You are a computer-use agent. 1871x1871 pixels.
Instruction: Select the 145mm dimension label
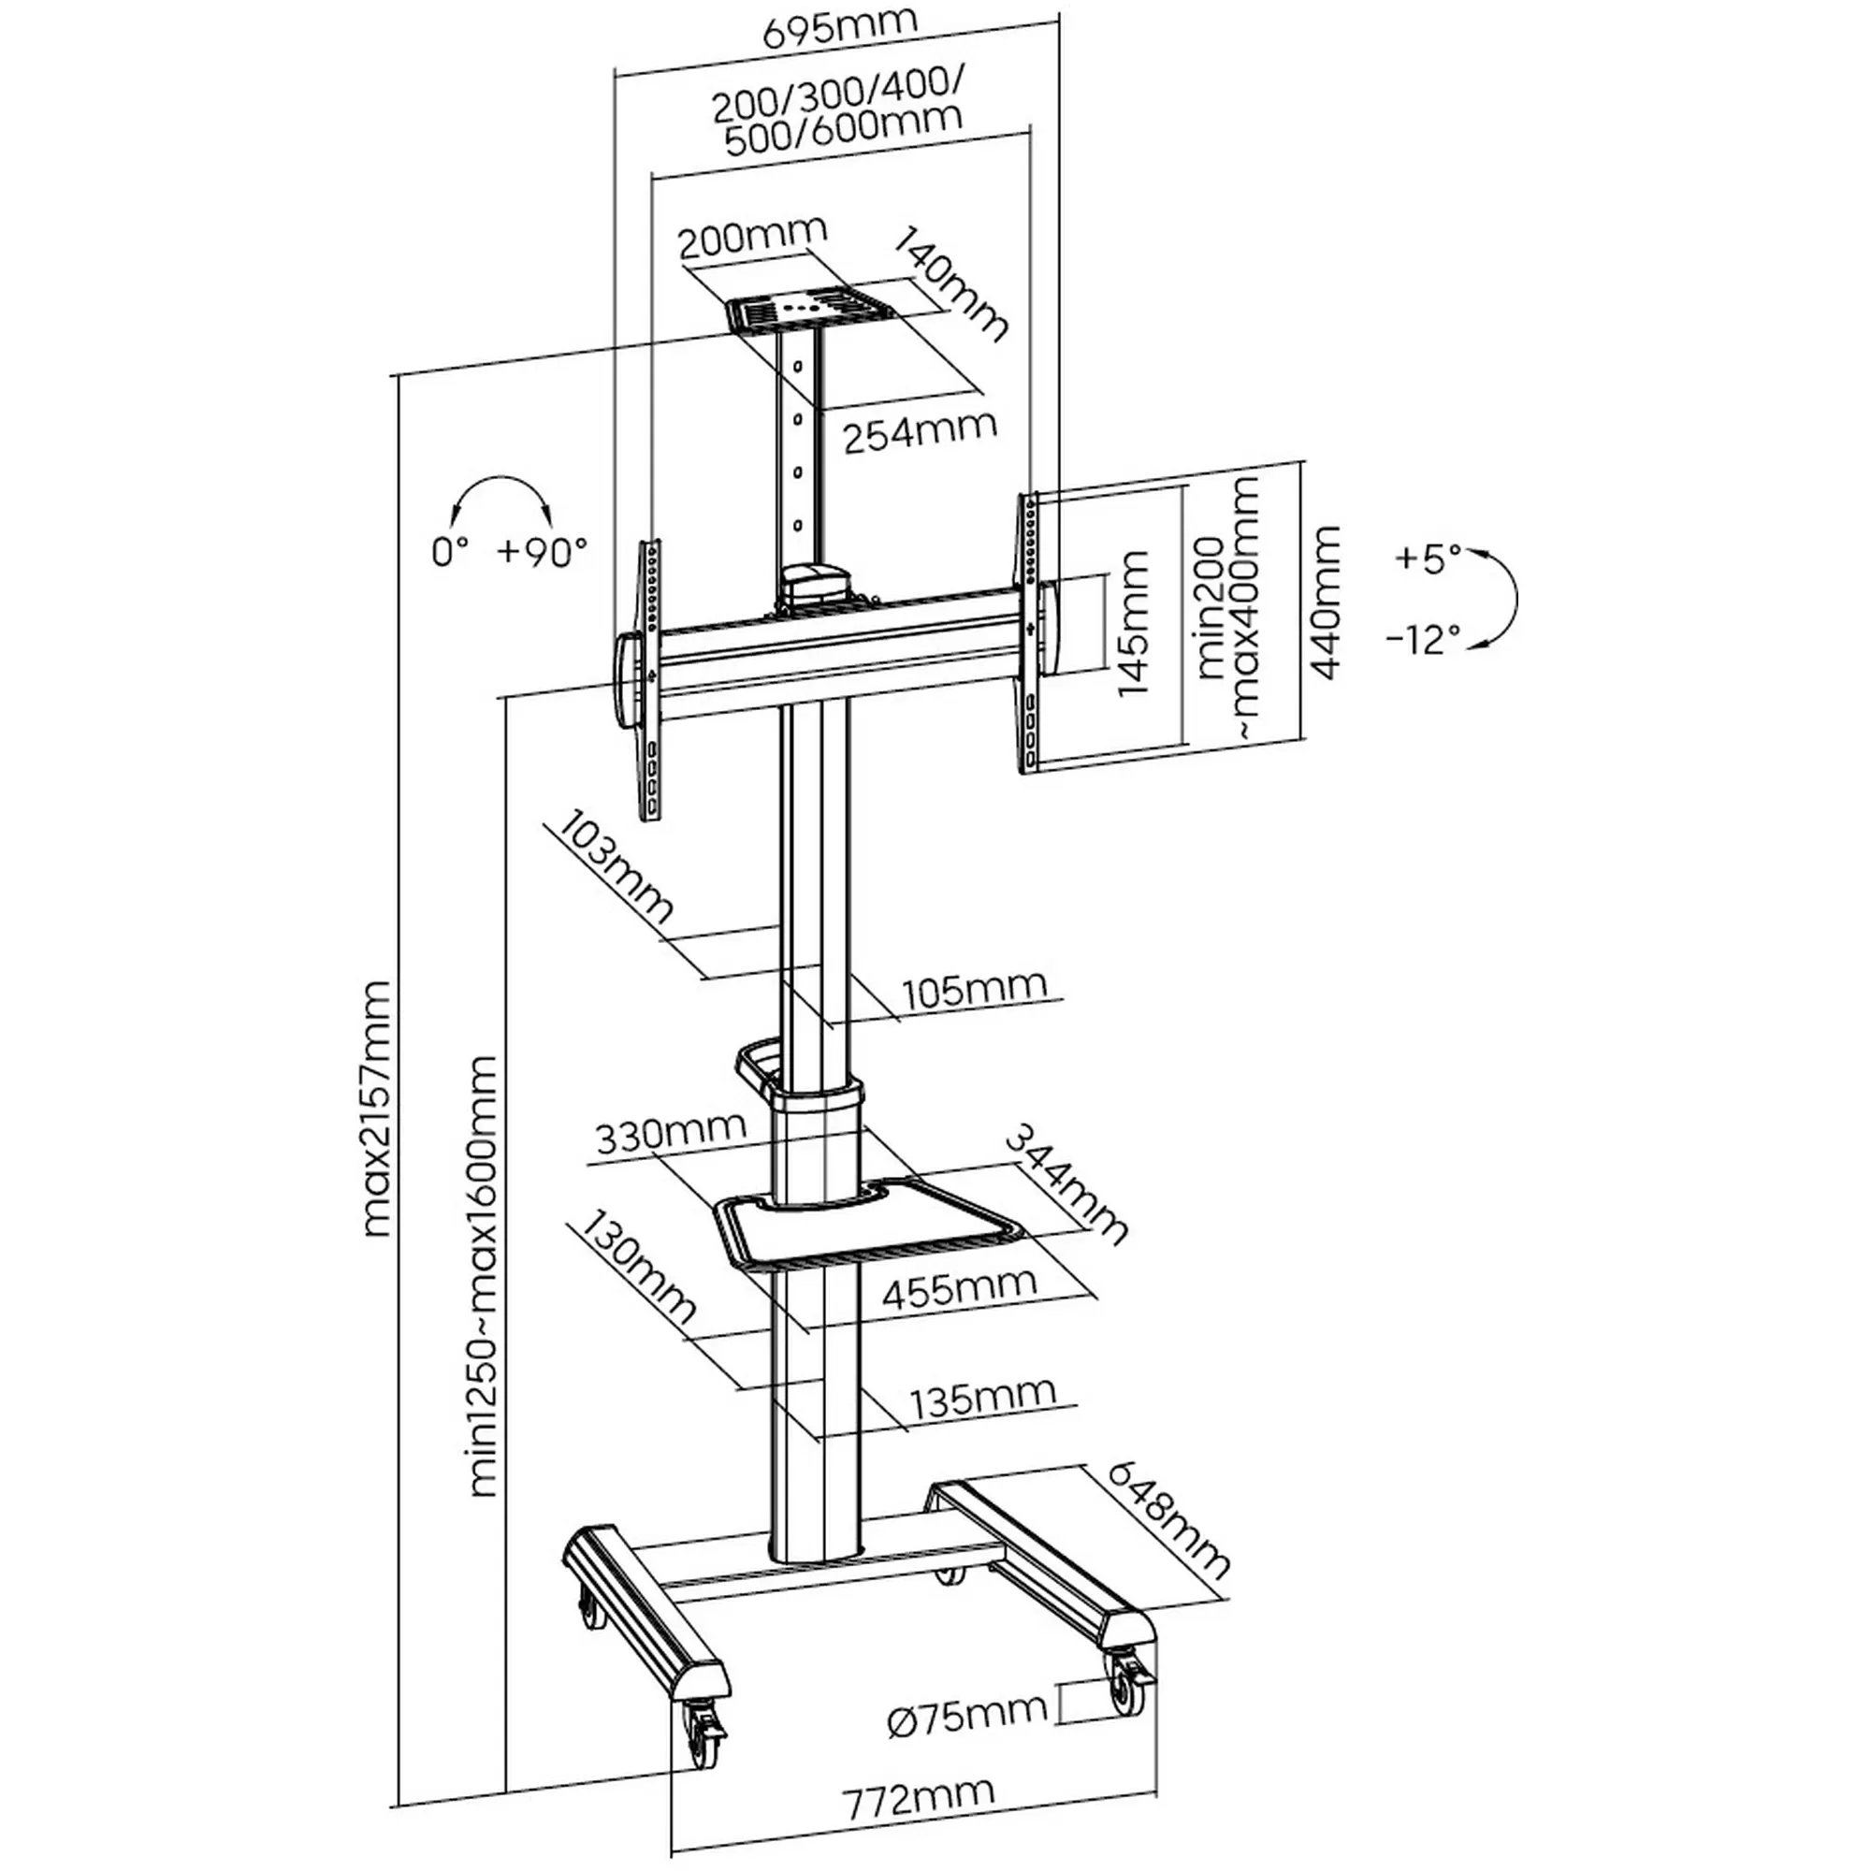(x=1132, y=622)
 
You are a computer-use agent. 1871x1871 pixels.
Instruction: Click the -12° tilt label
(x=1423, y=639)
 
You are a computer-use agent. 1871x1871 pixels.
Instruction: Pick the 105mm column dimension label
(x=974, y=989)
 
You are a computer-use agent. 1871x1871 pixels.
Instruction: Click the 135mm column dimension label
(x=982, y=1397)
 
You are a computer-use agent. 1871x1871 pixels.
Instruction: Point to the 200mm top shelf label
(x=752, y=237)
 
